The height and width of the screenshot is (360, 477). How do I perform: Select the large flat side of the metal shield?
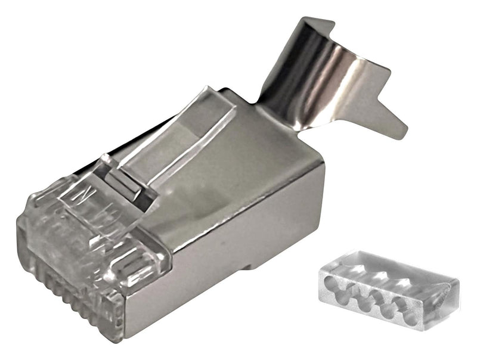[238, 238]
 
